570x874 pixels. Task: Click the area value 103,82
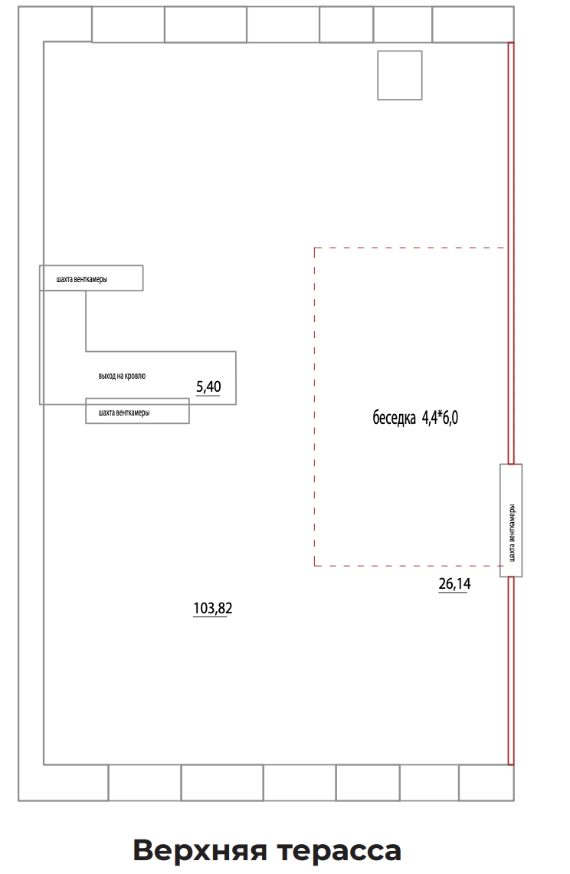coord(212,608)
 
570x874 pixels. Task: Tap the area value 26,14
coord(454,583)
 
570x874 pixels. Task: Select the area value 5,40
coord(208,387)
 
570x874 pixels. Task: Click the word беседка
coord(394,418)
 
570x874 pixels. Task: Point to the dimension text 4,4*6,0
coord(441,418)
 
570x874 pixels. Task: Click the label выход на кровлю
coord(122,376)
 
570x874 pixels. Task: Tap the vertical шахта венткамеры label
coord(512,534)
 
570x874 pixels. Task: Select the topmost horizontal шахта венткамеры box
coord(91,278)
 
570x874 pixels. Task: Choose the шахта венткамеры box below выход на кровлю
coord(137,411)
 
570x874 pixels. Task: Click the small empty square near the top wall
coord(399,75)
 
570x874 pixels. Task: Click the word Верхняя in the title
coord(200,850)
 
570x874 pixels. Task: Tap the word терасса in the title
coord(339,851)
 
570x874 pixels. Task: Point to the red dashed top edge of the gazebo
coord(410,248)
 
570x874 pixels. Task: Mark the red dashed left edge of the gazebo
coord(314,407)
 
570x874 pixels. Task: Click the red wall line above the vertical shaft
coord(511,253)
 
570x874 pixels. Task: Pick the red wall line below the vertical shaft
coord(511,671)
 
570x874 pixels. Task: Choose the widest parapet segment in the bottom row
coord(221,783)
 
